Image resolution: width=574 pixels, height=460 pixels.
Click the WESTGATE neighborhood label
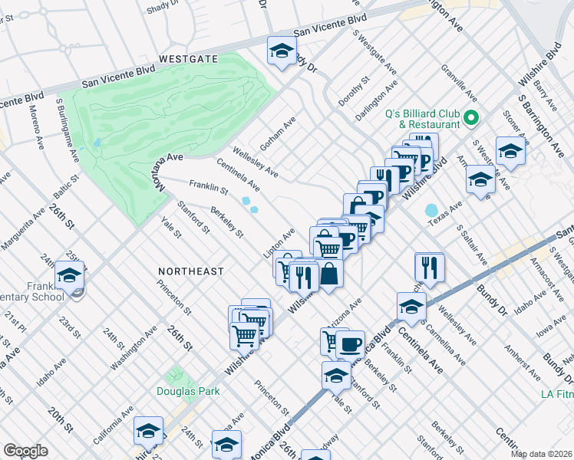click(189, 59)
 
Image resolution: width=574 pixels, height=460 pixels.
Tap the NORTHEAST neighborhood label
click(191, 271)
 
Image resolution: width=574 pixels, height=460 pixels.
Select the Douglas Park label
click(188, 391)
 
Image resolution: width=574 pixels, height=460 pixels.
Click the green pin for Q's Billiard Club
click(471, 118)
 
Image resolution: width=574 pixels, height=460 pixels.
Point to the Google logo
click(26, 451)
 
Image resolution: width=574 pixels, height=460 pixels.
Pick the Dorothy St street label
click(355, 91)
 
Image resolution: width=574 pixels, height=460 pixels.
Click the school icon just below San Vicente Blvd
click(282, 51)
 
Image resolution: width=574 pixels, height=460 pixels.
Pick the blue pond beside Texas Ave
click(430, 209)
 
